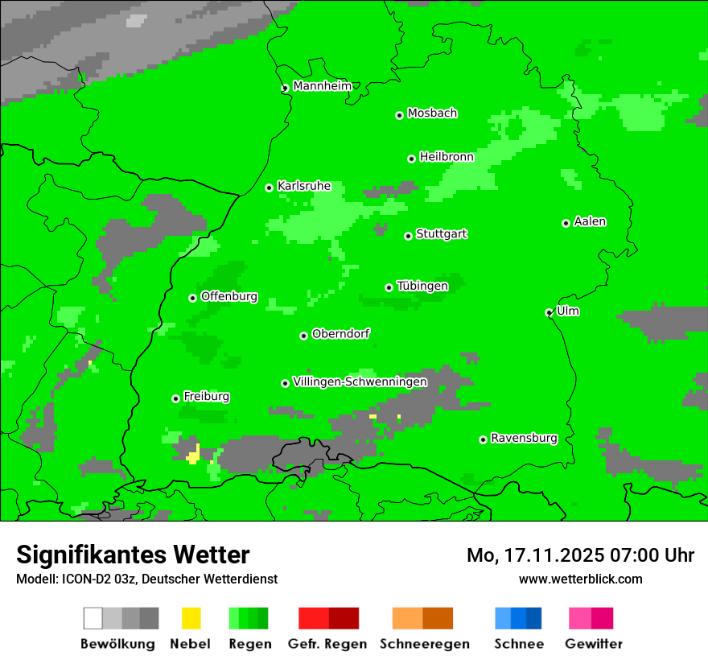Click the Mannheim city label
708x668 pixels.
322,86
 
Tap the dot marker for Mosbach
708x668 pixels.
399,115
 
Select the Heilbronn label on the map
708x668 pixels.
447,157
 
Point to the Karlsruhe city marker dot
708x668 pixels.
270,188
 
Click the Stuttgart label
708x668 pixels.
442,234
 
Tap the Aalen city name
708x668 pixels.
590,221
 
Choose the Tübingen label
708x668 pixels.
422,286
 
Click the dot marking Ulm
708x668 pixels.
550,312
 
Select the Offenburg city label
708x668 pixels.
229,296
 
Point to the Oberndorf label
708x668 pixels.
341,333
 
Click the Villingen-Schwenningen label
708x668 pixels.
360,381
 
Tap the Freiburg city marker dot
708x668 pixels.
175,398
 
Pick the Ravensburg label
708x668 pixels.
524,438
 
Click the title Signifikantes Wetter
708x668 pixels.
133,555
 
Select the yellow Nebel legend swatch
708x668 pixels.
191,618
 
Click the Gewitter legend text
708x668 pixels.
593,644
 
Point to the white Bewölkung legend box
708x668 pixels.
93,618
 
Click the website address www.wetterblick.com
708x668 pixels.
580,579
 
